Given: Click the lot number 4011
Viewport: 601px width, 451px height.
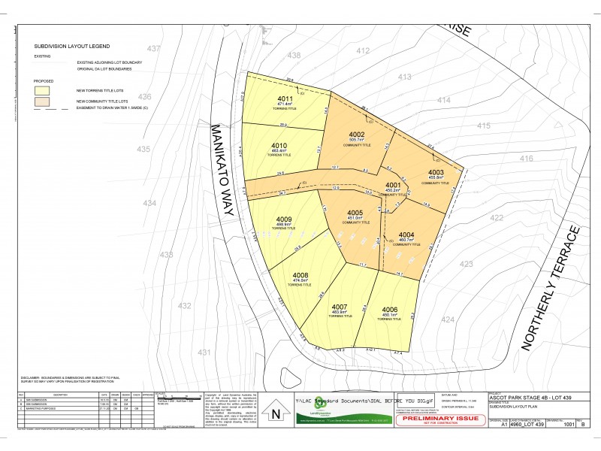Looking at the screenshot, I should point(285,99).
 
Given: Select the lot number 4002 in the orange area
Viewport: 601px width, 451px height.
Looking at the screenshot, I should point(356,134).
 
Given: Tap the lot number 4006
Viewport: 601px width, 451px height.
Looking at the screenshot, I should point(389,310).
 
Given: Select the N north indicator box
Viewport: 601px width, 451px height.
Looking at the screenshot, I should point(276,413).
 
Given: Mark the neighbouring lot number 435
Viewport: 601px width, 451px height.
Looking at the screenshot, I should point(143,150).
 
